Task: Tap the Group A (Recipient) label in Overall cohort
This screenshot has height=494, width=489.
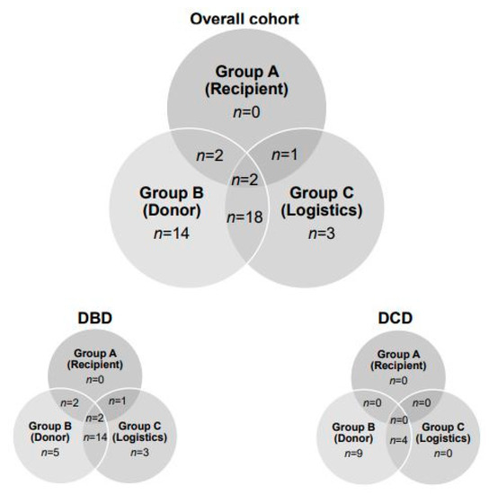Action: click(246, 79)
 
